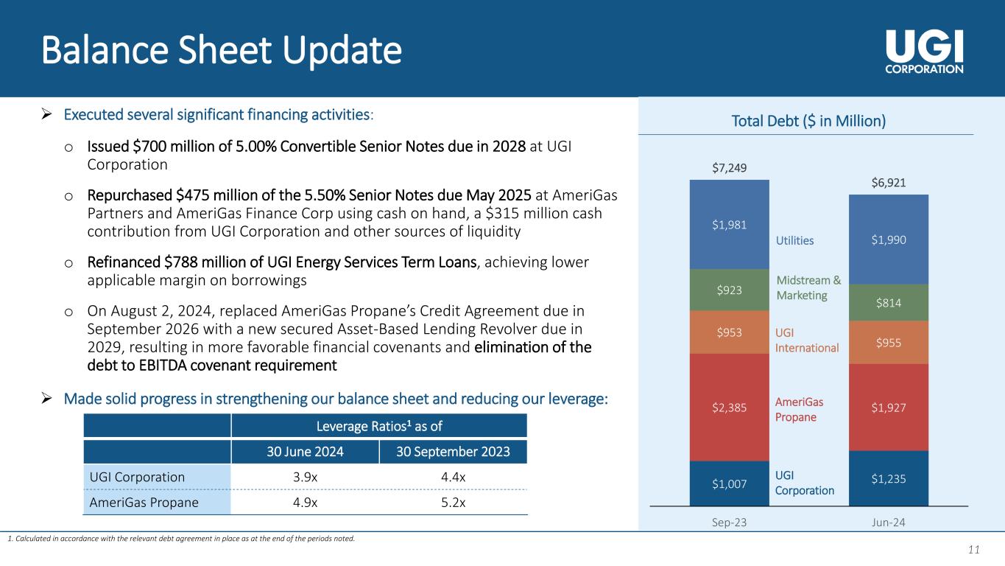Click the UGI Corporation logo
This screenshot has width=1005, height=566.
[924, 52]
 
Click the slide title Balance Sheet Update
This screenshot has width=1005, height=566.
[222, 50]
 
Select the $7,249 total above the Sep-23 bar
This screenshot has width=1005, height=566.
[729, 168]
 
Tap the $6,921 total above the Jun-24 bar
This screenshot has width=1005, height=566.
[889, 183]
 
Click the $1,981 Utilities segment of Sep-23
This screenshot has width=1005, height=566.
[729, 225]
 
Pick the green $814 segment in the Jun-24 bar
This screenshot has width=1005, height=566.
[889, 303]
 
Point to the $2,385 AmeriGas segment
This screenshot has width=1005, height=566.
[729, 408]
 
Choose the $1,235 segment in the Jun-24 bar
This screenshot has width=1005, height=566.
[889, 478]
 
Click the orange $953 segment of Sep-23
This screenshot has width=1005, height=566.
[729, 332]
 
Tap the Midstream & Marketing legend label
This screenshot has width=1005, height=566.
[808, 287]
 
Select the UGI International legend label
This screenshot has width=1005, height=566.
[807, 340]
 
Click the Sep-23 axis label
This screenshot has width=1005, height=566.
[729, 523]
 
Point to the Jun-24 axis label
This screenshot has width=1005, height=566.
[889, 523]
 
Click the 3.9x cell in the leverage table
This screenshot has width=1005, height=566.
[305, 477]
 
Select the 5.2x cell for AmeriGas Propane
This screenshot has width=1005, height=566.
[453, 502]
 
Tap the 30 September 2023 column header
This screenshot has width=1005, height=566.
[453, 452]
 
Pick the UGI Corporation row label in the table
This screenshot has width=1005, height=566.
[137, 477]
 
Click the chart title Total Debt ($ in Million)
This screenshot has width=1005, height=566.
[808, 121]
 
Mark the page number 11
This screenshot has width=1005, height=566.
[973, 549]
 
